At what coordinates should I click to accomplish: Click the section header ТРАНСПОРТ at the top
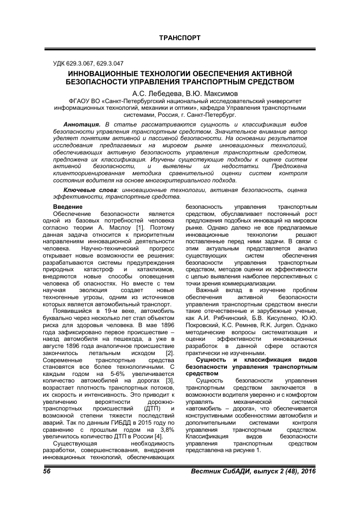180,38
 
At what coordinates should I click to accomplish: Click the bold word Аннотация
82,124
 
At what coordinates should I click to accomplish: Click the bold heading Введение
68,207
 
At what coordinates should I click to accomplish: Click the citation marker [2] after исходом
170,339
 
